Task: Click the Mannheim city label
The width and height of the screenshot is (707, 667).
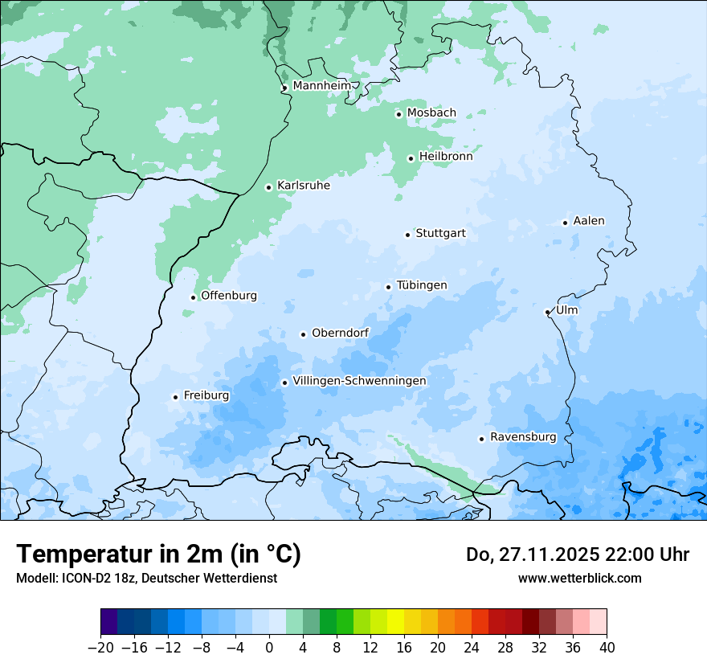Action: tap(321, 86)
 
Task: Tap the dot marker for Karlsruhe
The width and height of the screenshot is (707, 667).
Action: tap(269, 187)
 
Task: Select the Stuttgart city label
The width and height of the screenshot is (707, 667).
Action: tap(440, 234)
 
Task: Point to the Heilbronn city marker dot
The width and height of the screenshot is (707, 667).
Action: tap(411, 158)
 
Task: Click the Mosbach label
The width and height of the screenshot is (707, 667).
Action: tap(431, 113)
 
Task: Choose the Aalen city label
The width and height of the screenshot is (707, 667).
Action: tap(589, 221)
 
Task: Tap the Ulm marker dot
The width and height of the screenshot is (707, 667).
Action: tap(547, 312)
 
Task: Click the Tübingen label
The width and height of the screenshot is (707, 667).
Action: tap(422, 285)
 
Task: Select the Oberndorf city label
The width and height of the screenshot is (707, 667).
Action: tap(341, 333)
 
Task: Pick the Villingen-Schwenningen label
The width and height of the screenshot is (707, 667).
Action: tap(359, 381)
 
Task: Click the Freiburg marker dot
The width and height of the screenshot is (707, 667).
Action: tap(175, 397)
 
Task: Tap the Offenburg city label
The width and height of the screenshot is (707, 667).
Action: tap(229, 296)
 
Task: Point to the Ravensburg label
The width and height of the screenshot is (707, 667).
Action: tap(523, 437)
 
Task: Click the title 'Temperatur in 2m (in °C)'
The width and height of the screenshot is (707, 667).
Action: tap(159, 554)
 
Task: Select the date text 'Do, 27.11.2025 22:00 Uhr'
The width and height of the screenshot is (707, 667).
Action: tap(577, 554)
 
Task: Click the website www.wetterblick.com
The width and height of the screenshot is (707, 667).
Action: tap(579, 578)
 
